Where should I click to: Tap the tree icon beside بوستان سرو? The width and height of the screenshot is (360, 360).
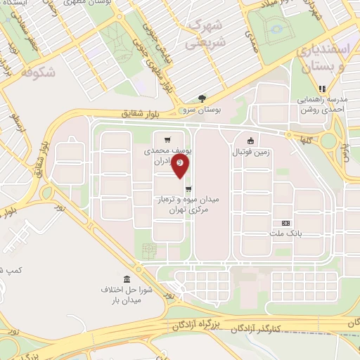[202, 98]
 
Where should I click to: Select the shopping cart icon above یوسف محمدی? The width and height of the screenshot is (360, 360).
[167, 139]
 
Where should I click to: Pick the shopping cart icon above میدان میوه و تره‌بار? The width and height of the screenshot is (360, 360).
[188, 188]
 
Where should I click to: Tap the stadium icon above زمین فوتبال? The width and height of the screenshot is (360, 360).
[249, 140]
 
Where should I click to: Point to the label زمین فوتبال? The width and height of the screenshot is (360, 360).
[250, 151]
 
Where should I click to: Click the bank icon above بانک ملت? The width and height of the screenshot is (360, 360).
[285, 223]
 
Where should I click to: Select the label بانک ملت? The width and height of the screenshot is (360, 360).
[285, 235]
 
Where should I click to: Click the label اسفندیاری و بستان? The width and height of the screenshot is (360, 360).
[330, 59]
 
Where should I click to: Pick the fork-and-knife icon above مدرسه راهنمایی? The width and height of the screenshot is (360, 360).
[322, 89]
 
